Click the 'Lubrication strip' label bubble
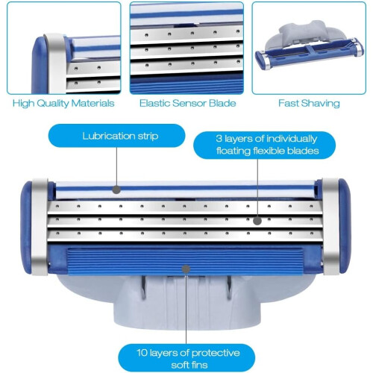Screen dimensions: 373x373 click(116, 136)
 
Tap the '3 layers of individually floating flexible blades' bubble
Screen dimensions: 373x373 click(265, 145)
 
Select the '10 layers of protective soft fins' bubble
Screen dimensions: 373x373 click(186, 358)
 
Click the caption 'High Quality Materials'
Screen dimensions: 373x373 click(63, 103)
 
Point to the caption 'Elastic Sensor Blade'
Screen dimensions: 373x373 click(188, 103)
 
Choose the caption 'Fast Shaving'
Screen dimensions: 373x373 click(309, 103)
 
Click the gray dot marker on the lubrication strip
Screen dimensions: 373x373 click(116, 190)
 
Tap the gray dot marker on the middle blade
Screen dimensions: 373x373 click(257, 221)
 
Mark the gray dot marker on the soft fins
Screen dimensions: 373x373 click(186, 269)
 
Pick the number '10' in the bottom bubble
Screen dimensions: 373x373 click(142, 353)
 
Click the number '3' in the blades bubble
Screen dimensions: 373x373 click(219, 139)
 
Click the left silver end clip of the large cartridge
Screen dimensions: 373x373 click(40, 227)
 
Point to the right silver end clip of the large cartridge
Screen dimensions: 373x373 click(330, 227)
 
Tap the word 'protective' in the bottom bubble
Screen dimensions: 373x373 click(216, 354)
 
